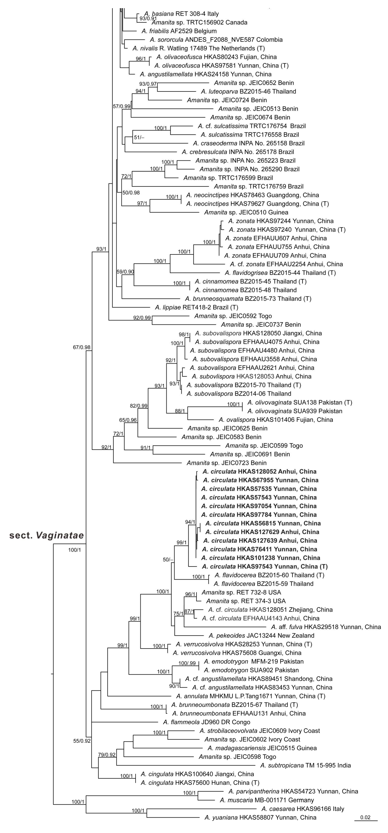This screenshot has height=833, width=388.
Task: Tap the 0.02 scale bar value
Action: click(x=365, y=817)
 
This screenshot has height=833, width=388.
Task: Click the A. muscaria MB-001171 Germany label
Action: click(x=267, y=800)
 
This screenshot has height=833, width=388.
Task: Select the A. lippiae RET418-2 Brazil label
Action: click(x=196, y=307)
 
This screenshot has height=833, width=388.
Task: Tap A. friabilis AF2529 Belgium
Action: click(x=179, y=31)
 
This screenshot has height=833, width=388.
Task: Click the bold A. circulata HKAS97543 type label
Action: click(x=265, y=566)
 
